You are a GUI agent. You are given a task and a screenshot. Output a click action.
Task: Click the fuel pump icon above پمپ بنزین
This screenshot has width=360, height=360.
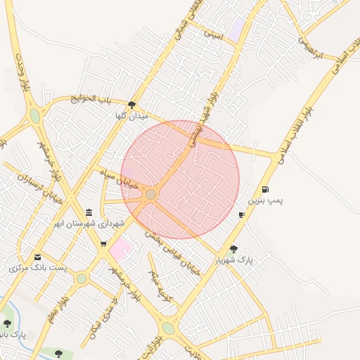pos(265,188)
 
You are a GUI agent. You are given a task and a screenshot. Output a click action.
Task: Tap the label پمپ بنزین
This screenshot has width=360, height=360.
pos(267,200)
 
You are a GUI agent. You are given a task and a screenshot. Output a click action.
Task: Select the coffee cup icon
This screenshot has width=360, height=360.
pos(242,214)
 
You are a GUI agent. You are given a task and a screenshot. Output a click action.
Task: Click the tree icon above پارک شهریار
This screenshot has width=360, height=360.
pos(233,248)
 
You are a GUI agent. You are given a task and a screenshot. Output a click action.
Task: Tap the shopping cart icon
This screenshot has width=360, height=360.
pos(103,244)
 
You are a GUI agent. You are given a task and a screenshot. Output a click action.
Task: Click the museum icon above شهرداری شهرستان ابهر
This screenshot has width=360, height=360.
pos(89,212)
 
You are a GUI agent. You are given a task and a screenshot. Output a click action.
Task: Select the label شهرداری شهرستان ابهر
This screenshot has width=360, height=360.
pos(91,224)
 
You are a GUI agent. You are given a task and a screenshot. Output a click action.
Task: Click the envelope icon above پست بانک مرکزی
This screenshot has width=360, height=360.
pos(37,257)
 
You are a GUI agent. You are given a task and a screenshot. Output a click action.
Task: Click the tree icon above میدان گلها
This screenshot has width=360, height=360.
pos(131,105)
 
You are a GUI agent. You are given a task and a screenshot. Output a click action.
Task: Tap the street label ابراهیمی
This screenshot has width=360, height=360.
pos(309,47)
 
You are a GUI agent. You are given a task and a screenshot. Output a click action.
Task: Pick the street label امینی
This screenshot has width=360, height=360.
pos(213,32)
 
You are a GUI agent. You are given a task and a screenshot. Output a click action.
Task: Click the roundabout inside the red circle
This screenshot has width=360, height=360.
pos(150,194)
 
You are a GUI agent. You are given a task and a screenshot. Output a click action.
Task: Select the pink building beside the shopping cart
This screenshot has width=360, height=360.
pos(121,247)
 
